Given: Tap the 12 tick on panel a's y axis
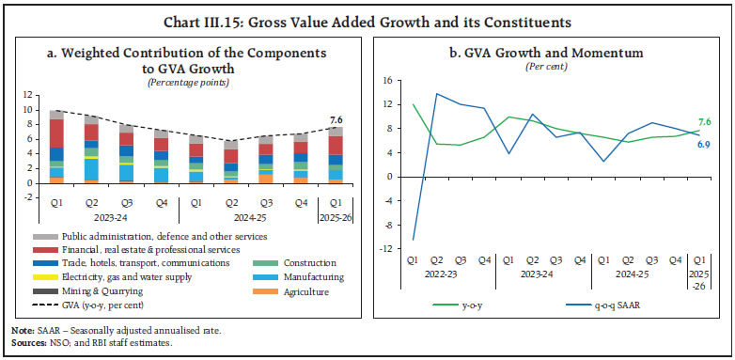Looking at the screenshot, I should (x=28, y=95).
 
